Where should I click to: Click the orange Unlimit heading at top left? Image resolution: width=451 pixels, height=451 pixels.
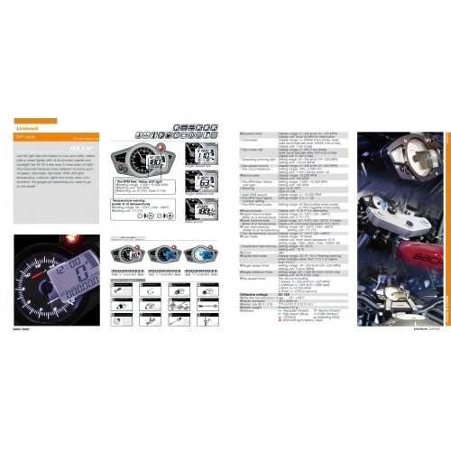pos(36,121)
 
